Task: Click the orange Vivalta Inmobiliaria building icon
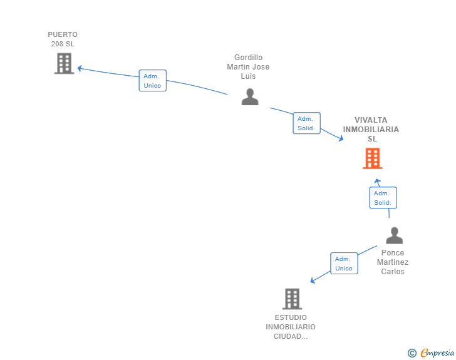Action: [x=373, y=158]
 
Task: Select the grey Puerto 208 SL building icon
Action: [x=65, y=63]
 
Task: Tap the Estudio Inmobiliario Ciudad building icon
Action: [x=293, y=299]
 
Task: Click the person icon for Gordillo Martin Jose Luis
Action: [x=250, y=96]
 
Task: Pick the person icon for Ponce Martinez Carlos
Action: [x=395, y=235]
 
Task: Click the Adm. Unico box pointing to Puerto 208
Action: [x=153, y=81]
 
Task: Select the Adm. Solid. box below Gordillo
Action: [x=306, y=123]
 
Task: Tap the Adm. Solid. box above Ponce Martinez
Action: [x=383, y=198]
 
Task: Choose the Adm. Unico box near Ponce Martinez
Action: [x=344, y=263]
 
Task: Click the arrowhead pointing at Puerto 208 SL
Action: [x=80, y=68]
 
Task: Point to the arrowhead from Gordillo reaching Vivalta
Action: [x=341, y=138]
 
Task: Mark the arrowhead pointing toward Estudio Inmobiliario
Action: [x=313, y=280]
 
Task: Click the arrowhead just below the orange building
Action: [x=377, y=181]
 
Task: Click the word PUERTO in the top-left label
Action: [x=63, y=34]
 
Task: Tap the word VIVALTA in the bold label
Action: [x=371, y=120]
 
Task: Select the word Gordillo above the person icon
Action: [x=248, y=57]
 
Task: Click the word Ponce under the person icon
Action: [x=393, y=253]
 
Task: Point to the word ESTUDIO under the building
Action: [x=291, y=317]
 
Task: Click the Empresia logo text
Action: [x=437, y=353]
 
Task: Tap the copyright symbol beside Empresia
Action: [x=412, y=353]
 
